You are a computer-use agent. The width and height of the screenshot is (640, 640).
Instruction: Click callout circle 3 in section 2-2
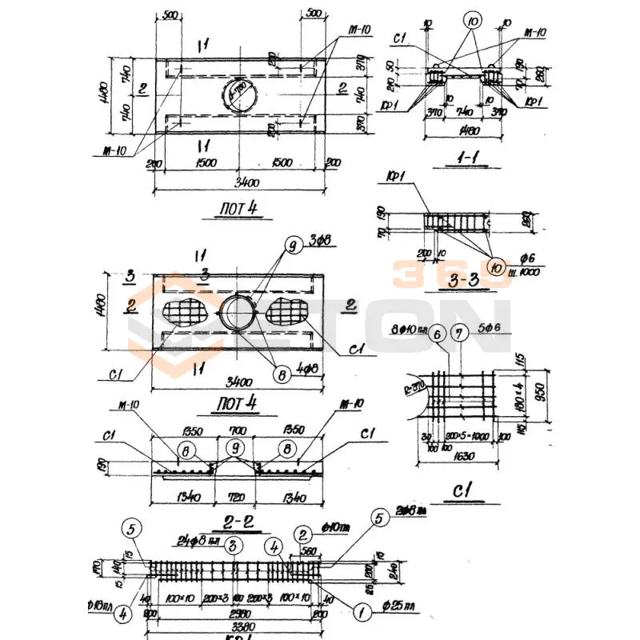(x=230, y=546)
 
